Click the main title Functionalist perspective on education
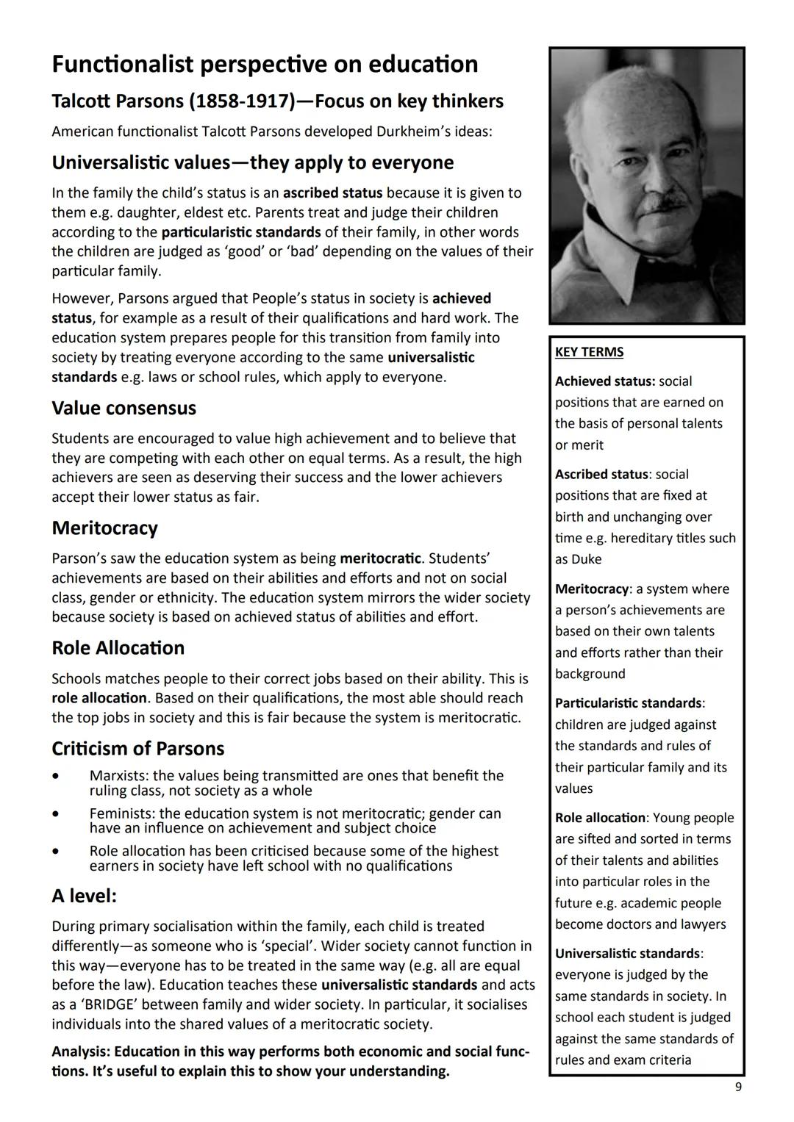(265, 65)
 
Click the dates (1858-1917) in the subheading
(239, 101)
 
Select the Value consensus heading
(124, 409)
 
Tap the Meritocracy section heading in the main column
(104, 528)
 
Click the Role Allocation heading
(118, 648)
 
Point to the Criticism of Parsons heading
(137, 749)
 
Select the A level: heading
(84, 896)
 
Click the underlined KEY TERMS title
(589, 352)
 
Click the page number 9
(738, 1087)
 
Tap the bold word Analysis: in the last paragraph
(81, 1051)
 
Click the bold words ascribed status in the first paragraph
(332, 193)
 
